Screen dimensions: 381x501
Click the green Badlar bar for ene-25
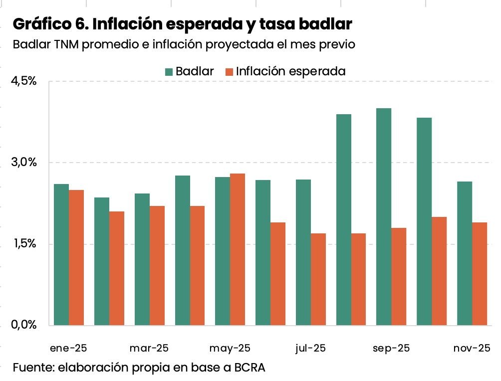[61, 255]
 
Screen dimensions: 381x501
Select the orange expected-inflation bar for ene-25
[76, 258]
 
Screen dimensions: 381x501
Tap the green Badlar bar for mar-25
[142, 259]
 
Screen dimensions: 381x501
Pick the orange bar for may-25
[238, 249]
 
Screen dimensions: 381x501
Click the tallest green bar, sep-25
[384, 217]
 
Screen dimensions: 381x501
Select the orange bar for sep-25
[399, 277]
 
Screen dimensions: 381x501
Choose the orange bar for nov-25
[480, 274]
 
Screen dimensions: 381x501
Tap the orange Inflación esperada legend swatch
[229, 71]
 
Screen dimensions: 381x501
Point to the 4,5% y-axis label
[24, 81]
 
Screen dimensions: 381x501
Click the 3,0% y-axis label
[24, 163]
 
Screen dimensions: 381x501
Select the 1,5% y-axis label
[24, 244]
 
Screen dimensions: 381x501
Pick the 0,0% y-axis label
[24, 325]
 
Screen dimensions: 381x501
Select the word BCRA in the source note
[248, 368]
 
